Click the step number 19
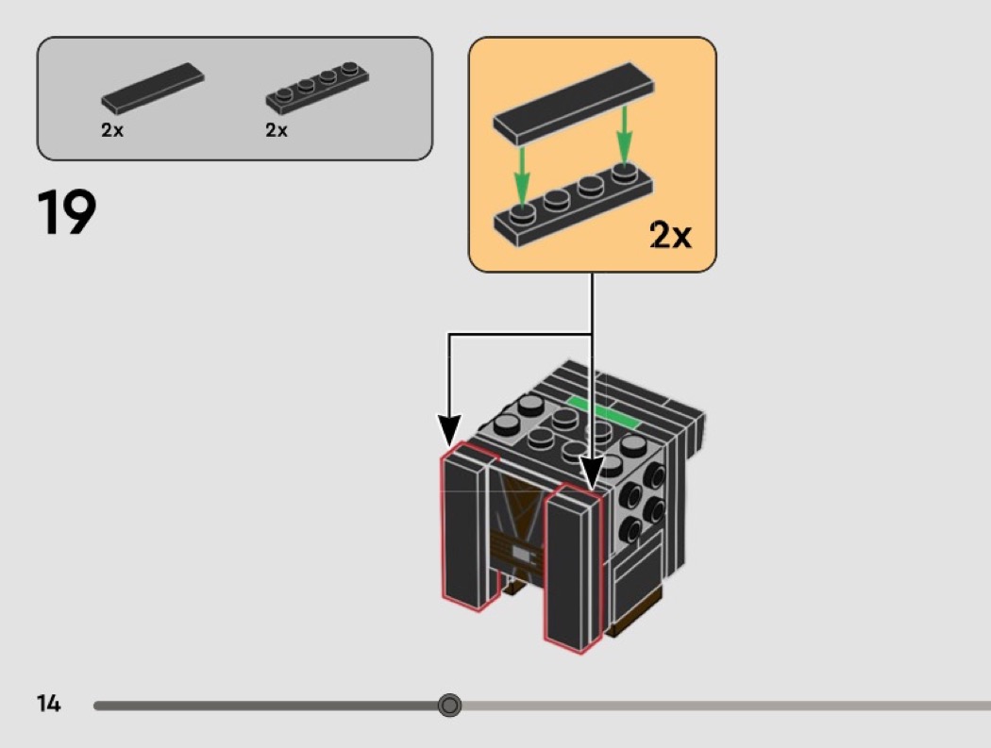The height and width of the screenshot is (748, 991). [x=67, y=212]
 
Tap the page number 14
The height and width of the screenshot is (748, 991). [x=48, y=704]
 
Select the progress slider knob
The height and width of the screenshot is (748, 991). [x=450, y=705]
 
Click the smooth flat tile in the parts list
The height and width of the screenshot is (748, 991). [x=153, y=88]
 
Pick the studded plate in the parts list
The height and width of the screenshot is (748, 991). [x=317, y=86]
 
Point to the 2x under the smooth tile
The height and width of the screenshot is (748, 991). [x=112, y=130]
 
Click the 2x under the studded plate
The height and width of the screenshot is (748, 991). [x=277, y=130]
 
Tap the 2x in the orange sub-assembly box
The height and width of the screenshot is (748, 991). [x=670, y=235]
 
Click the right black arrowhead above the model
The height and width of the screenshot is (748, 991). [x=592, y=474]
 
